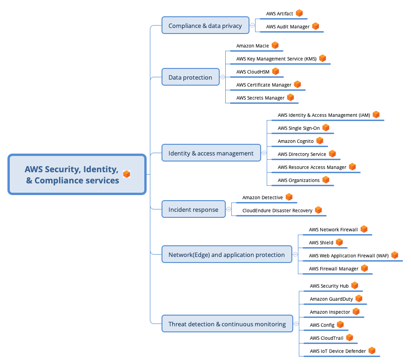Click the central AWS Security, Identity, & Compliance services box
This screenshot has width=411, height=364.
[77, 175]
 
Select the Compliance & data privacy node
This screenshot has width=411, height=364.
[205, 26]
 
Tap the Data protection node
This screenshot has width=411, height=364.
[190, 77]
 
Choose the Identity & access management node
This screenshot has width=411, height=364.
[211, 153]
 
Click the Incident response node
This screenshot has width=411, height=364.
[193, 209]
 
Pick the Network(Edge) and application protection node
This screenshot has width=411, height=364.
[226, 255]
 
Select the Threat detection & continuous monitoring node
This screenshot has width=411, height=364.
[227, 324]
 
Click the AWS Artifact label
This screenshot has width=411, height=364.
[279, 14]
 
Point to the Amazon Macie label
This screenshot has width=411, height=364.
[252, 46]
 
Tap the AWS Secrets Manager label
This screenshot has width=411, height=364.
[260, 98]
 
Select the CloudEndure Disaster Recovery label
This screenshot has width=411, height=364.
[277, 210]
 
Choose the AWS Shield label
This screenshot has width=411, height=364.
[321, 243]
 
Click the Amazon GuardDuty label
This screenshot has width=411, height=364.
[331, 299]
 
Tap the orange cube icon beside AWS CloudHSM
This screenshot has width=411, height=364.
[276, 71]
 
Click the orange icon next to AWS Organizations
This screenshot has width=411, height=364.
[326, 180]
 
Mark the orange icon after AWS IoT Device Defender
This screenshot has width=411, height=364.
[371, 351]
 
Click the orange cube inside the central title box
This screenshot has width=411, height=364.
[127, 174]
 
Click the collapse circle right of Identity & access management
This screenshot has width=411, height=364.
[264, 153]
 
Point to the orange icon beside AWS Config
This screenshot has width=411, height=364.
[340, 324]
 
